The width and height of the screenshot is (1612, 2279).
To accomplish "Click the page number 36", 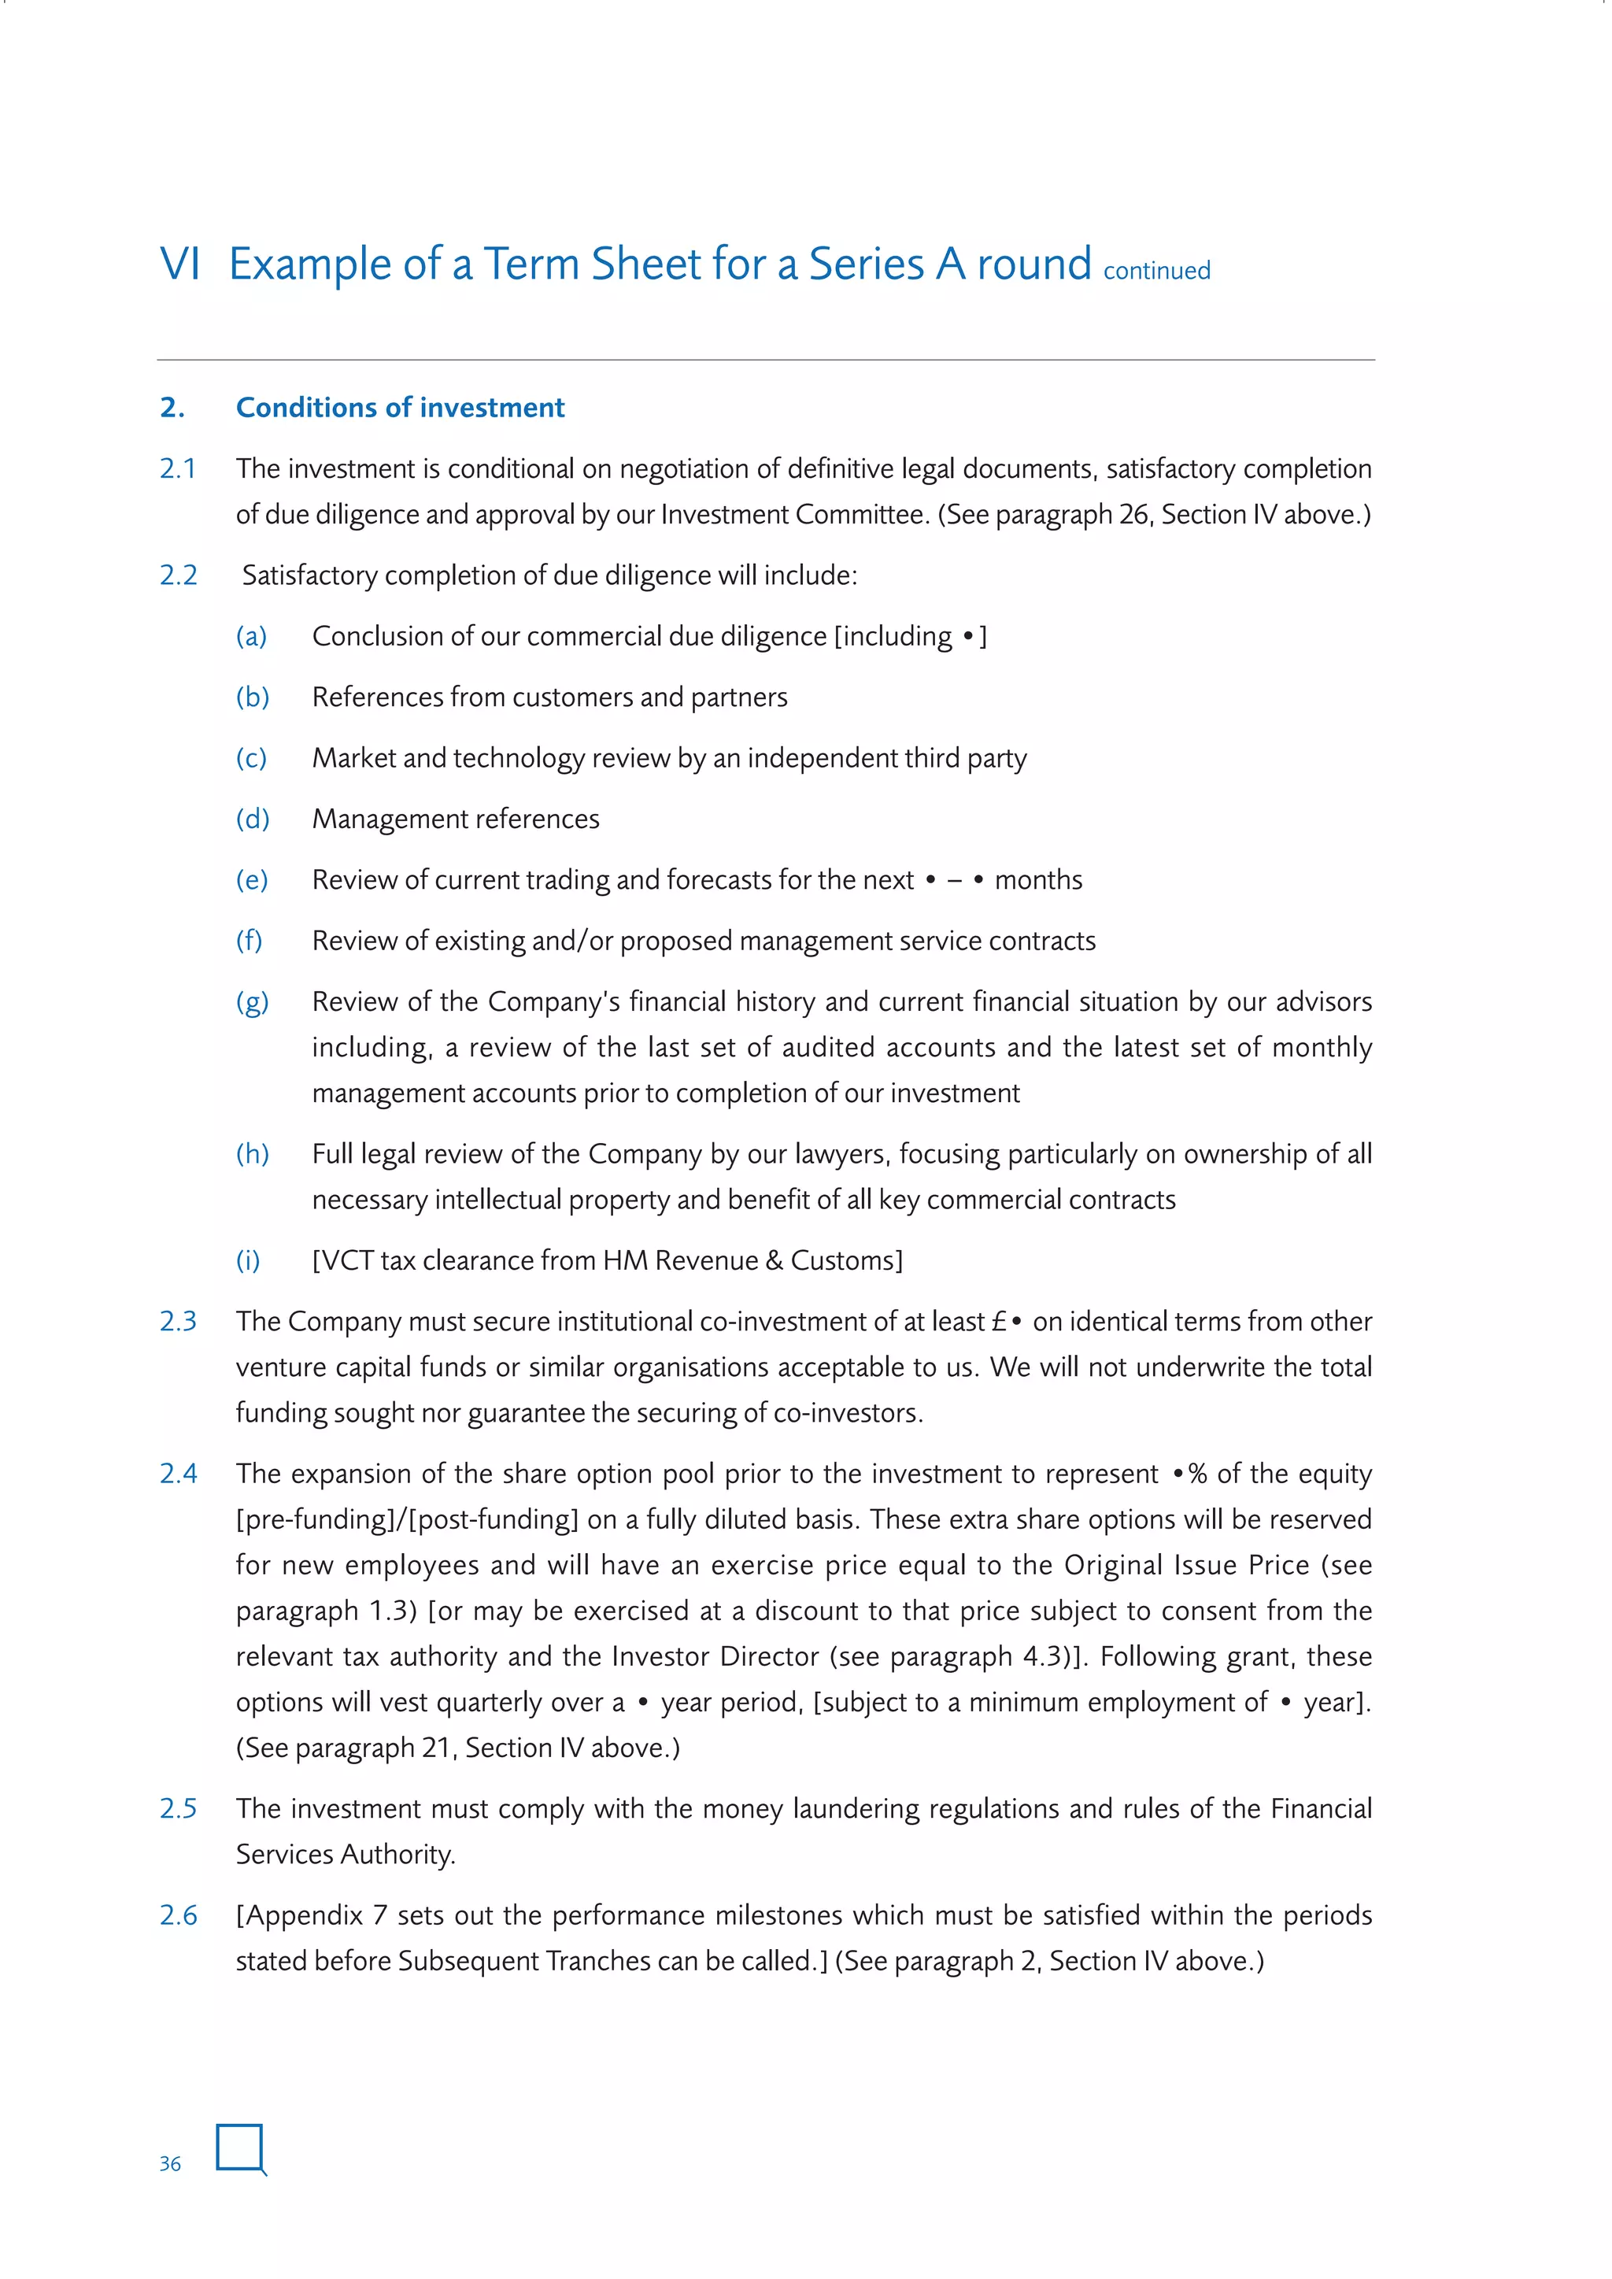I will click(x=170, y=2164).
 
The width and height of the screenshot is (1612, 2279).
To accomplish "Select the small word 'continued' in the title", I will click(x=1156, y=271).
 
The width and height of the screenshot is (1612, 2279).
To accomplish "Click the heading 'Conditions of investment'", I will click(x=400, y=408).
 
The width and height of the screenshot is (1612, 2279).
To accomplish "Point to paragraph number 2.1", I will click(x=178, y=468).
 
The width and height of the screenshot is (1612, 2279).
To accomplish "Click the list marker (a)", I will click(x=251, y=636).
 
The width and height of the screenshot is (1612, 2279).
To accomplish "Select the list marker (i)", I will click(x=248, y=1260).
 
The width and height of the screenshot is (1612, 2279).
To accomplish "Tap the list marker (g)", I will click(x=252, y=1002).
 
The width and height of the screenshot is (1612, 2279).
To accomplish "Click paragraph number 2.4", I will click(x=179, y=1474).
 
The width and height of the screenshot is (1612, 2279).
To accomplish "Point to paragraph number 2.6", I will click(x=179, y=1916).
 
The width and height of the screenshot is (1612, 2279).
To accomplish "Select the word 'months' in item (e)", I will click(x=1038, y=880).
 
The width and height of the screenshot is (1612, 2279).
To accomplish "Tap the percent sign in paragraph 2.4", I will click(x=1198, y=1474).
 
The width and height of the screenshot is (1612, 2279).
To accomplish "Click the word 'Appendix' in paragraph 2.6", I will click(x=305, y=1916).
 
